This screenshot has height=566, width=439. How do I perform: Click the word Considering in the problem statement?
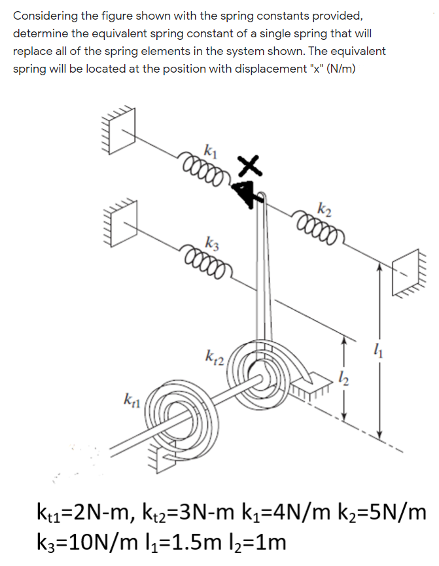(44, 14)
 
